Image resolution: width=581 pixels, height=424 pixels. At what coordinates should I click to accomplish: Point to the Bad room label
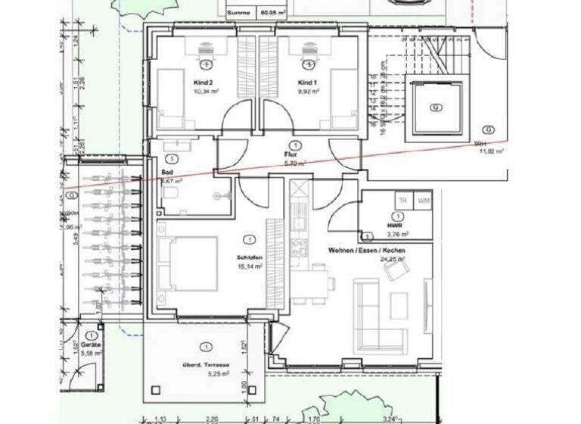point(167,172)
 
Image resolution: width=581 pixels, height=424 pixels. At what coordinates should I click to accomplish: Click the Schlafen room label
point(248,257)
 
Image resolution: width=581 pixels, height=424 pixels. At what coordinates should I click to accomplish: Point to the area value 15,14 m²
point(249,267)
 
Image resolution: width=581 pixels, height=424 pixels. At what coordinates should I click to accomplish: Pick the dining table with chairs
point(316,284)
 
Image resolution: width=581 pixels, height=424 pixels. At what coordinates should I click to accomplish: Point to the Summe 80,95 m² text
point(258,12)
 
